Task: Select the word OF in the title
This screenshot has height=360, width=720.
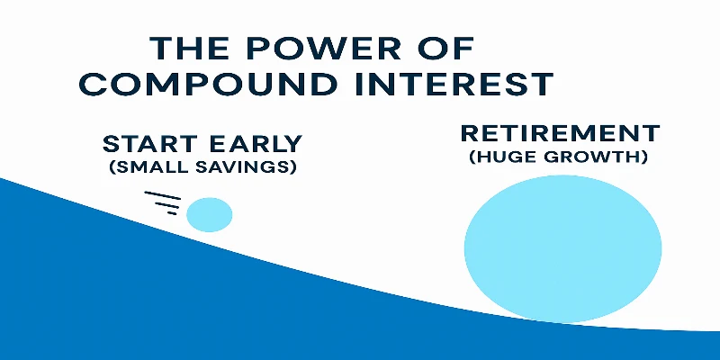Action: click(x=448, y=49)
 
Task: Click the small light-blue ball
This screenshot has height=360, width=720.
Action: click(x=209, y=214)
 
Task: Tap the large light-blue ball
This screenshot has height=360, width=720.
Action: click(x=562, y=248)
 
